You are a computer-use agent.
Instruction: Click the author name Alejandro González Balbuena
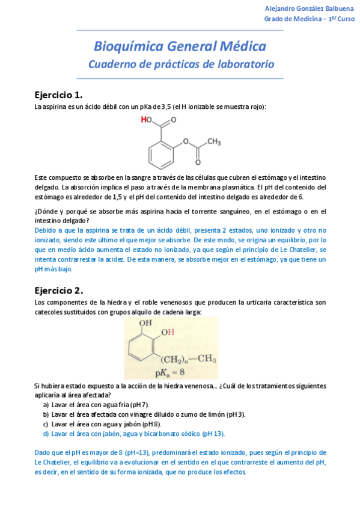tap(310, 8)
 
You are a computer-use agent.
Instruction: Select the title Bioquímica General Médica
tap(180, 46)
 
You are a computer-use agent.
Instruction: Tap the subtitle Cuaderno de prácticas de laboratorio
tap(180, 64)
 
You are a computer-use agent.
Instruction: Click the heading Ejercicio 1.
tap(58, 95)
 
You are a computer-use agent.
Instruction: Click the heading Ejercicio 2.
tap(58, 290)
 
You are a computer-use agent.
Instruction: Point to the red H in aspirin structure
tap(143, 120)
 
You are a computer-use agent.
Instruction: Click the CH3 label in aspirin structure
tap(215, 142)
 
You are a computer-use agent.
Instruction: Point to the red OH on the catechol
tap(167, 332)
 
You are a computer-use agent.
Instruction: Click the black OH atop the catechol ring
tap(145, 323)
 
